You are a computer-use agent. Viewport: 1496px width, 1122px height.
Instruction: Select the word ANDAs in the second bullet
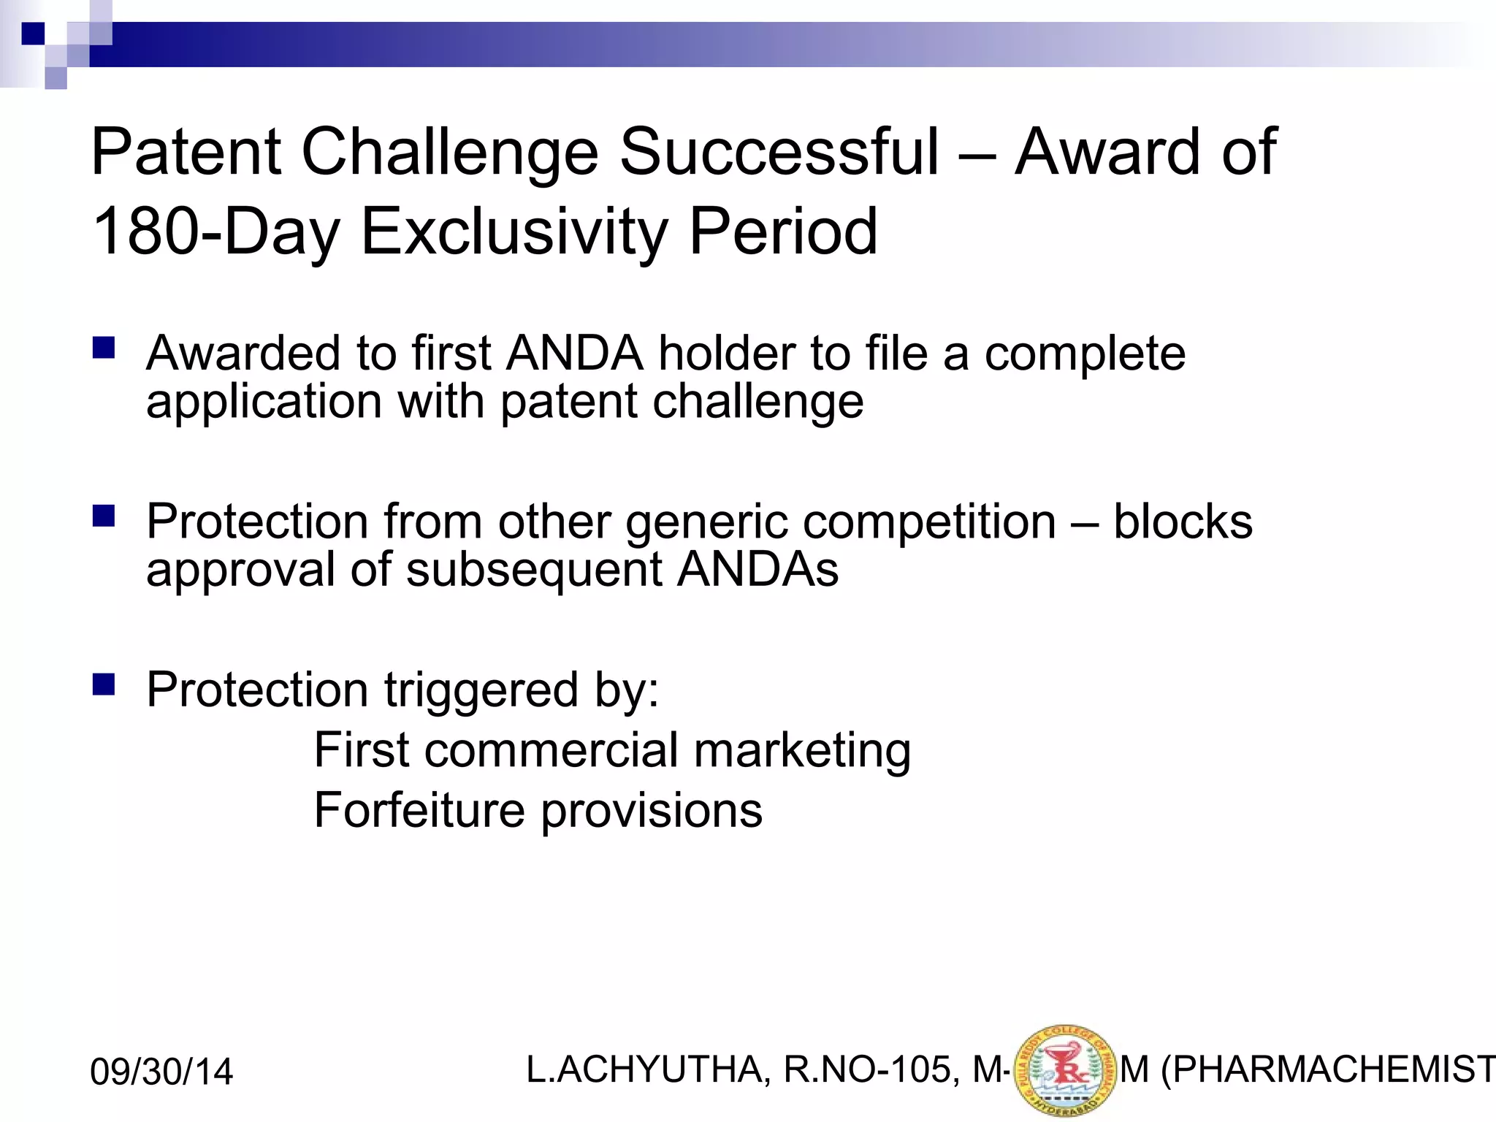coord(757,570)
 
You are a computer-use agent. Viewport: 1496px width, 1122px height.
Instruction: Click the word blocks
coord(1183,522)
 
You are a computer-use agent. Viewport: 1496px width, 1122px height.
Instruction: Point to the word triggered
coord(481,690)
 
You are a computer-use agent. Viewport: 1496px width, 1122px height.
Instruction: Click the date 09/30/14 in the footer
coord(161,1072)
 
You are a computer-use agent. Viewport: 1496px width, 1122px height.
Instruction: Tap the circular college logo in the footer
coord(1066,1071)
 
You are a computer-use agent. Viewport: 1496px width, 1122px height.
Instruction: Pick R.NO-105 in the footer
coord(867,1070)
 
